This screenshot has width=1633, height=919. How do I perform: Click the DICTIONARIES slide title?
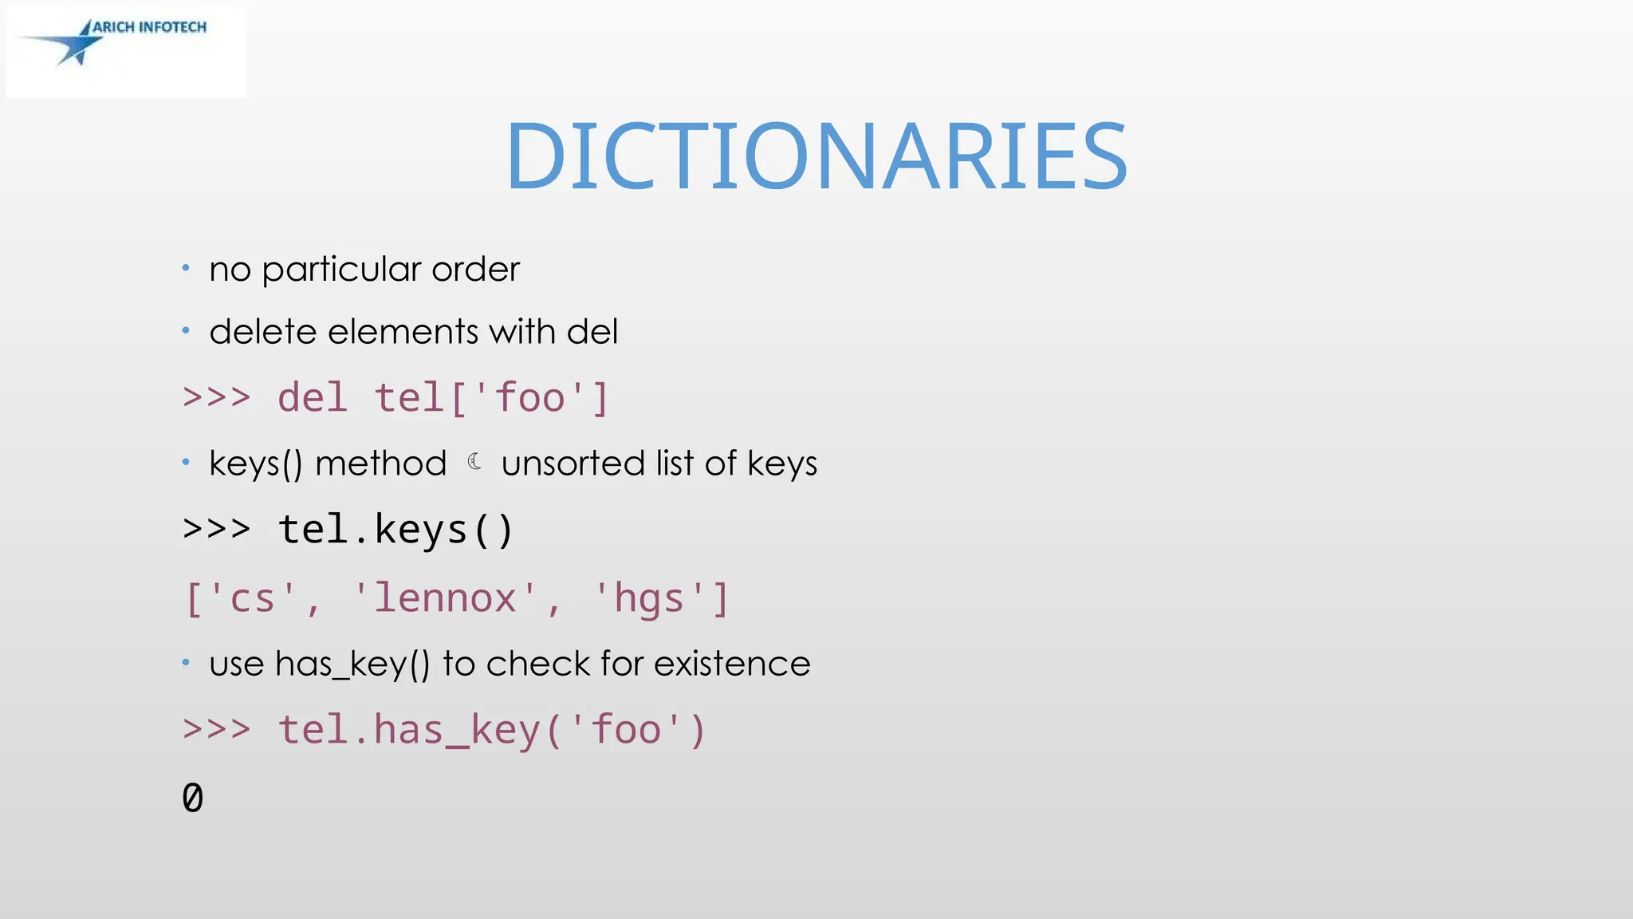(x=816, y=156)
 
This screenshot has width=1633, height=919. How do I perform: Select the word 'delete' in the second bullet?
(x=262, y=332)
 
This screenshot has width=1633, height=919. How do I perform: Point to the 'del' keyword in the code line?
(x=312, y=397)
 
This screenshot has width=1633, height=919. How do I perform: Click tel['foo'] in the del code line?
(x=491, y=397)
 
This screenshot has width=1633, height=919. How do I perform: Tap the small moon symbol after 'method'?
(x=474, y=462)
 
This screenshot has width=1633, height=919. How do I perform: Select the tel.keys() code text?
(x=395, y=530)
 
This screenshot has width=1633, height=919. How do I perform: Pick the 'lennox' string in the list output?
(x=445, y=598)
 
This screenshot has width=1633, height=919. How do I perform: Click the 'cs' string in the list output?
(x=252, y=598)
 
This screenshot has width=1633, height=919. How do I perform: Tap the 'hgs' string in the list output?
(x=649, y=598)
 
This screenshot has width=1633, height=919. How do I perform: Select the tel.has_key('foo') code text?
(x=491, y=730)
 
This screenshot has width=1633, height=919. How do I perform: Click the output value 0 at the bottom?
(x=193, y=798)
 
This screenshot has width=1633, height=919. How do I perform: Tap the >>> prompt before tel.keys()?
(x=216, y=530)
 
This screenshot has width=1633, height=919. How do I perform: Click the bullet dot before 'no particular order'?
(x=186, y=268)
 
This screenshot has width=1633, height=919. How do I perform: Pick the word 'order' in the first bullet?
(x=475, y=270)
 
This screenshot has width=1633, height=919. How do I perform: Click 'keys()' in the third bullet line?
(x=256, y=463)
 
